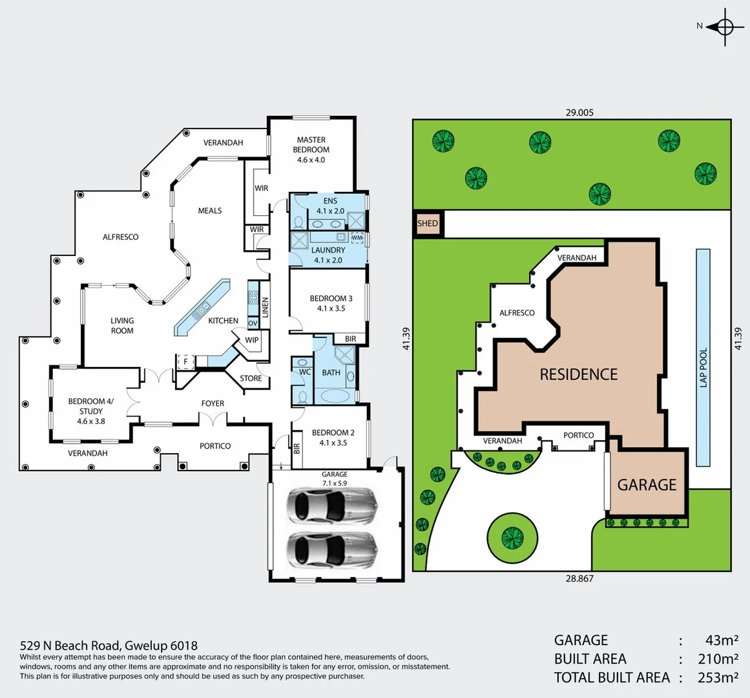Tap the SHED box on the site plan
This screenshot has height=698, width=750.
tap(427, 224)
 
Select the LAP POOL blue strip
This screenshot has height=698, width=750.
tap(703, 357)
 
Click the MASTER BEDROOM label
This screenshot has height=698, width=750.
tap(311, 149)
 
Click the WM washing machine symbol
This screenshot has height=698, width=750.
tap(357, 238)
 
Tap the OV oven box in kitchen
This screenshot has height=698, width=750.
tap(253, 323)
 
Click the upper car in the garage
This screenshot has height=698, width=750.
tap(331, 505)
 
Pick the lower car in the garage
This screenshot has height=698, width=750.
tap(331, 549)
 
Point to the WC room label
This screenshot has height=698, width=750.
tap(305, 372)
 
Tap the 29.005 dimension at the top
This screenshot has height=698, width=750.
tap(579, 112)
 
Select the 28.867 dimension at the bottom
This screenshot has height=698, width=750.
tap(579, 578)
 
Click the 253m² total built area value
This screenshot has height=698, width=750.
tap(718, 677)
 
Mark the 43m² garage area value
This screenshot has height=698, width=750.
tap(722, 640)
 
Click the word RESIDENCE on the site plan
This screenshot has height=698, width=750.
tap(579, 374)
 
